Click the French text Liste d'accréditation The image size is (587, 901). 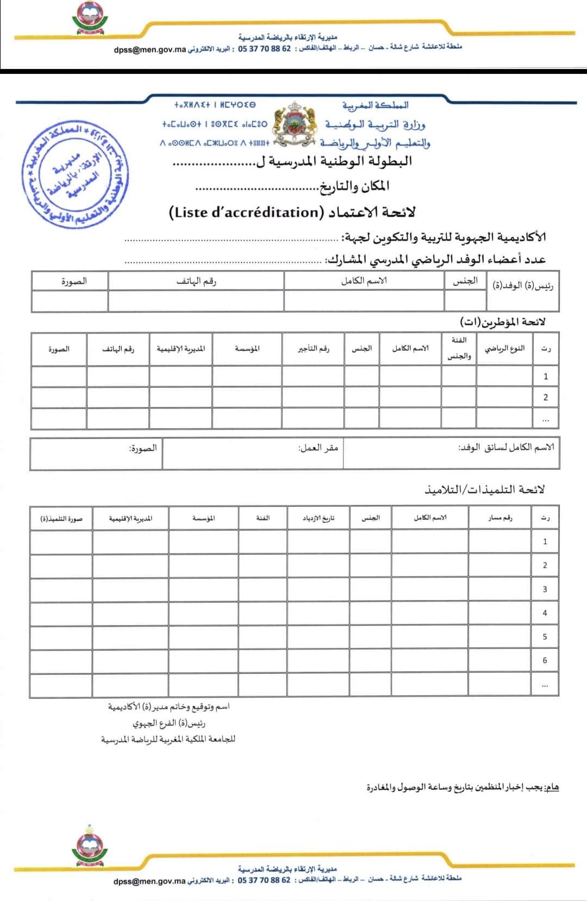[247, 212]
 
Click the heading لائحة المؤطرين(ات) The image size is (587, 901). [502, 322]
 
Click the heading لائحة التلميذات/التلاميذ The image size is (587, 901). [484, 489]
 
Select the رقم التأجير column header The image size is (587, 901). [314, 349]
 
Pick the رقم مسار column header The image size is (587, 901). [500, 518]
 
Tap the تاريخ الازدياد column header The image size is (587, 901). [319, 518]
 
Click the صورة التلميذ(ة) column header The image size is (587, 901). [61, 518]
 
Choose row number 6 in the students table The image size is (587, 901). [545, 661]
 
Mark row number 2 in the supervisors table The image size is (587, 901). [546, 397]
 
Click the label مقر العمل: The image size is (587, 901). [319, 449]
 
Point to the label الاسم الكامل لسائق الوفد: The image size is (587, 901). [505, 448]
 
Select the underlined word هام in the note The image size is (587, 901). [552, 787]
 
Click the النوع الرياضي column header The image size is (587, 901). [505, 348]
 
